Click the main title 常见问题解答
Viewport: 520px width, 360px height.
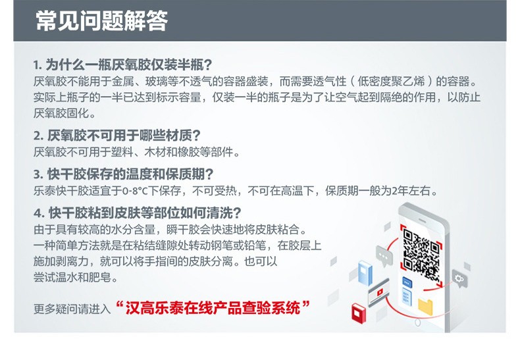pos(102,20)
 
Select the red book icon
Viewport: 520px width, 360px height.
pos(359,313)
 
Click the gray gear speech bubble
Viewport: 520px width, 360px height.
pos(459,279)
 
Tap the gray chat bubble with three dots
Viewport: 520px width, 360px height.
pos(384,255)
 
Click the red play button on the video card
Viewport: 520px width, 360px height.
pos(380,292)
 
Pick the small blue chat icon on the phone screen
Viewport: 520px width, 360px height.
pos(407,282)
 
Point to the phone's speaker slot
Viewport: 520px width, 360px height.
pos(422,220)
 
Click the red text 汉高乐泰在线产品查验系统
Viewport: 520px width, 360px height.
pos(213,308)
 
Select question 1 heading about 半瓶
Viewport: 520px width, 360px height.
pos(122,64)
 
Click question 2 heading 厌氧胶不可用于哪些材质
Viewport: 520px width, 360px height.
pos(117,136)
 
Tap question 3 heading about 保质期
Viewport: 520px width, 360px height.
pos(123,174)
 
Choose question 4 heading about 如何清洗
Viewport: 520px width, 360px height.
pos(137,213)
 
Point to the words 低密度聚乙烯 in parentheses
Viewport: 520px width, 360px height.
pos(391,81)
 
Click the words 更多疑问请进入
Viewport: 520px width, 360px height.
pos(72,309)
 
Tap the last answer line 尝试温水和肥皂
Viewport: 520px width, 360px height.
pos(76,277)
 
